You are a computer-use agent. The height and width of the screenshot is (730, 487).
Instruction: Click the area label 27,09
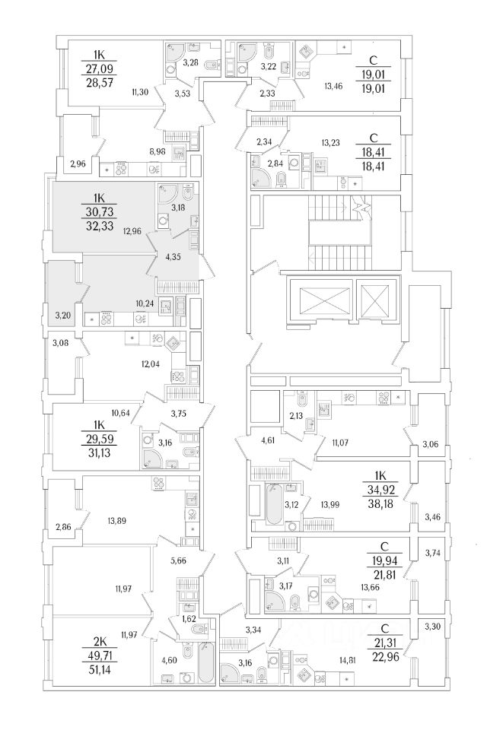[99, 69]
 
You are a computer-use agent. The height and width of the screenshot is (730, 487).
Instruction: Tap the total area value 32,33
[99, 227]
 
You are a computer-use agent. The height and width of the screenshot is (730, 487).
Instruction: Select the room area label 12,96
[132, 229]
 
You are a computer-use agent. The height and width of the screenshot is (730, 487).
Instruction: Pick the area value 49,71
[99, 656]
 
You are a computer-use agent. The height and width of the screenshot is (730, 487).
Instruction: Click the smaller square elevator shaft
[376, 300]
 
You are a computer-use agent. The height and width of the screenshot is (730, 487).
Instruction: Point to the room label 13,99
[329, 504]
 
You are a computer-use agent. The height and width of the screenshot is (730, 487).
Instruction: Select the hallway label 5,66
[179, 560]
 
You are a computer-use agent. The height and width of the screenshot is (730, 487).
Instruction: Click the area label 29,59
[99, 439]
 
